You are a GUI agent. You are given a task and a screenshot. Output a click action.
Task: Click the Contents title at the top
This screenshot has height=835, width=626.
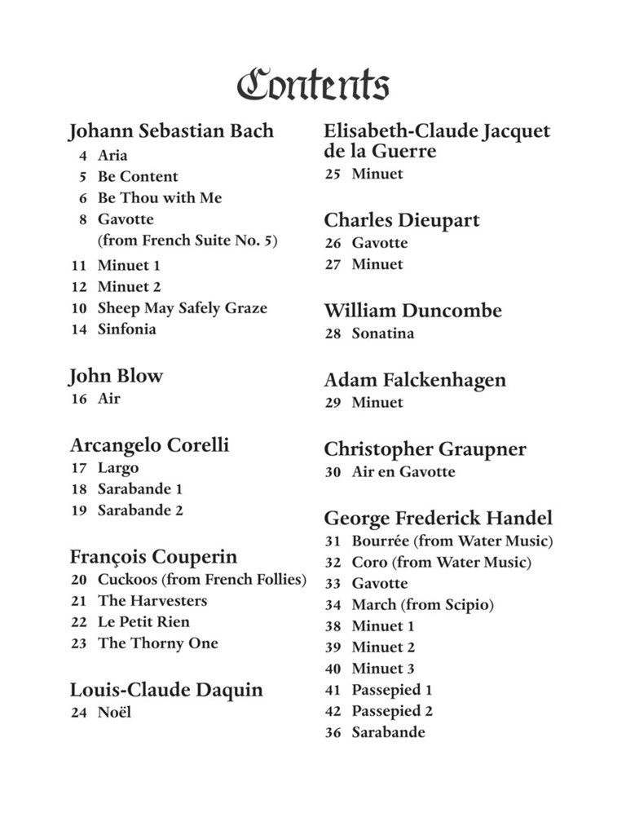tap(313, 85)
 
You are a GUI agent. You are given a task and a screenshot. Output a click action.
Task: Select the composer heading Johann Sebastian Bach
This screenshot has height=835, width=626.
tap(171, 131)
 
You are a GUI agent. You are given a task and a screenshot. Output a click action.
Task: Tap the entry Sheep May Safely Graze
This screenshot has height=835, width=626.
tap(182, 308)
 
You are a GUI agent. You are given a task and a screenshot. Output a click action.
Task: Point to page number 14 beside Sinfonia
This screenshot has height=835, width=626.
tap(79, 330)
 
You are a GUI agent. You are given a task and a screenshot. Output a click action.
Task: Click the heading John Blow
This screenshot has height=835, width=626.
tap(117, 376)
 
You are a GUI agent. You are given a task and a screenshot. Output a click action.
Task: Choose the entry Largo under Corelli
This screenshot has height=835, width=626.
tap(118, 468)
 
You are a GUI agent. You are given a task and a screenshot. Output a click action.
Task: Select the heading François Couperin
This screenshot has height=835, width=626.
tap(153, 557)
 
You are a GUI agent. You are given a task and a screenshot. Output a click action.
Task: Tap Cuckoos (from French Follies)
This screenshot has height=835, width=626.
tap(201, 580)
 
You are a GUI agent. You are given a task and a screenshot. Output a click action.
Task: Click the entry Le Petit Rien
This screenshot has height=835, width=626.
tap(143, 622)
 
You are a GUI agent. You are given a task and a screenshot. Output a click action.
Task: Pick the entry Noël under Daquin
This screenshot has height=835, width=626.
tap(114, 713)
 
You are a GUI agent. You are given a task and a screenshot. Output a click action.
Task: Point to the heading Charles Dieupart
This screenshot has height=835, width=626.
tap(402, 220)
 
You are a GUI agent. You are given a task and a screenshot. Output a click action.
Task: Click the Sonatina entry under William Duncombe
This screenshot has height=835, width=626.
tap(382, 334)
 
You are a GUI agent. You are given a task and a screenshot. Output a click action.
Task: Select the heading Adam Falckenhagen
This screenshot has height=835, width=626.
tap(415, 380)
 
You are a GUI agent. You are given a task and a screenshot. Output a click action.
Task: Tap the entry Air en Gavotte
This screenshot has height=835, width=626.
tap(403, 472)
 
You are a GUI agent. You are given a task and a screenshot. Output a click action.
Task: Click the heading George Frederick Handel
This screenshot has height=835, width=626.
tap(438, 518)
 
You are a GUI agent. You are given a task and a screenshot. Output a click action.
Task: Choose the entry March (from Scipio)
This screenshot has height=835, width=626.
tap(422, 605)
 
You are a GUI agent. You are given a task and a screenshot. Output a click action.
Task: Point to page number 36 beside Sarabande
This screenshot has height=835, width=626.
tap(333, 733)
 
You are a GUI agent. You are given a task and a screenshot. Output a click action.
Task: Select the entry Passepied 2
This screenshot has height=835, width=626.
tap(392, 711)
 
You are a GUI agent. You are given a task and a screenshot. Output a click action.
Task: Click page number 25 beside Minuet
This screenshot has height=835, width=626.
tap(333, 175)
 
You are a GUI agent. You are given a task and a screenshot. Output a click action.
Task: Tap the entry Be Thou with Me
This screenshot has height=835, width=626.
tap(160, 198)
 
